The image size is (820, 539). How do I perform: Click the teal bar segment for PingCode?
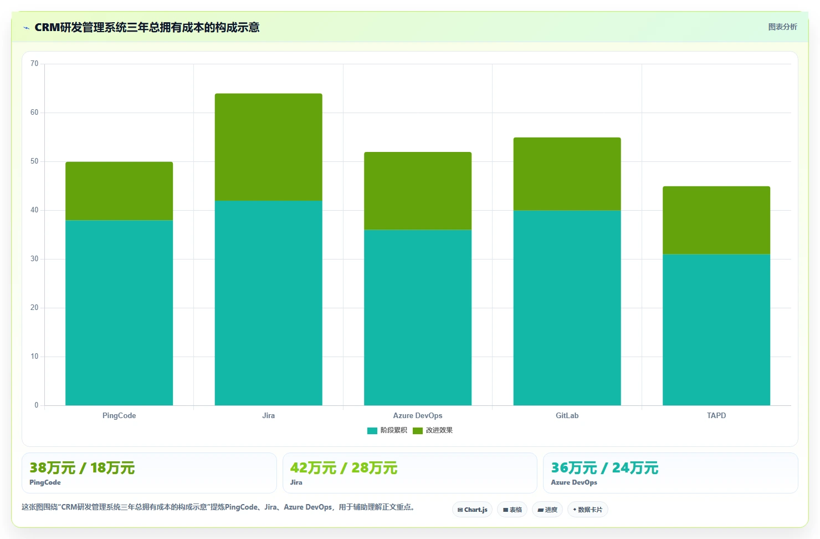pyautogui.click(x=119, y=313)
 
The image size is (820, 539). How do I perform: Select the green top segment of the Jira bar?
pyautogui.click(x=268, y=147)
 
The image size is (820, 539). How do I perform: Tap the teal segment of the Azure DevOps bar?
pyautogui.click(x=418, y=317)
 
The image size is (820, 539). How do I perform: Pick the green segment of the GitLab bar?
pyautogui.click(x=567, y=174)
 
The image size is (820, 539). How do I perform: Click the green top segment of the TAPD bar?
pyautogui.click(x=716, y=220)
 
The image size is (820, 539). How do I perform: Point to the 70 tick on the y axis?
pyautogui.click(x=34, y=64)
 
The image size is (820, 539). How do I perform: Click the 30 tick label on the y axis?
pyautogui.click(x=34, y=259)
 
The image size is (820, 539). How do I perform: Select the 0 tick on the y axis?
pyautogui.click(x=36, y=405)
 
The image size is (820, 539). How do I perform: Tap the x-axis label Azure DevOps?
pyautogui.click(x=418, y=415)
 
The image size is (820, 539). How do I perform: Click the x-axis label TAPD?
pyautogui.click(x=716, y=415)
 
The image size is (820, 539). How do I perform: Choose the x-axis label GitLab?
pyautogui.click(x=567, y=415)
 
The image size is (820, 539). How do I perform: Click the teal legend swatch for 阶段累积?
pyautogui.click(x=372, y=430)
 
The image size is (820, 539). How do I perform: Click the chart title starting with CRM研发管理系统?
pyautogui.click(x=147, y=28)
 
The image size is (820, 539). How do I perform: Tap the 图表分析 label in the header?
pyautogui.click(x=782, y=27)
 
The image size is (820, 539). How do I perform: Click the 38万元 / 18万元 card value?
pyautogui.click(x=82, y=468)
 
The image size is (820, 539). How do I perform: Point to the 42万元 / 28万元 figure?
pyautogui.click(x=344, y=468)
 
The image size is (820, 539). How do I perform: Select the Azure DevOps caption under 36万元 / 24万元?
pyautogui.click(x=573, y=482)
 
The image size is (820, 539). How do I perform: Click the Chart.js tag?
pyautogui.click(x=472, y=510)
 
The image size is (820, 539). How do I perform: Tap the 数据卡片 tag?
pyautogui.click(x=587, y=510)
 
